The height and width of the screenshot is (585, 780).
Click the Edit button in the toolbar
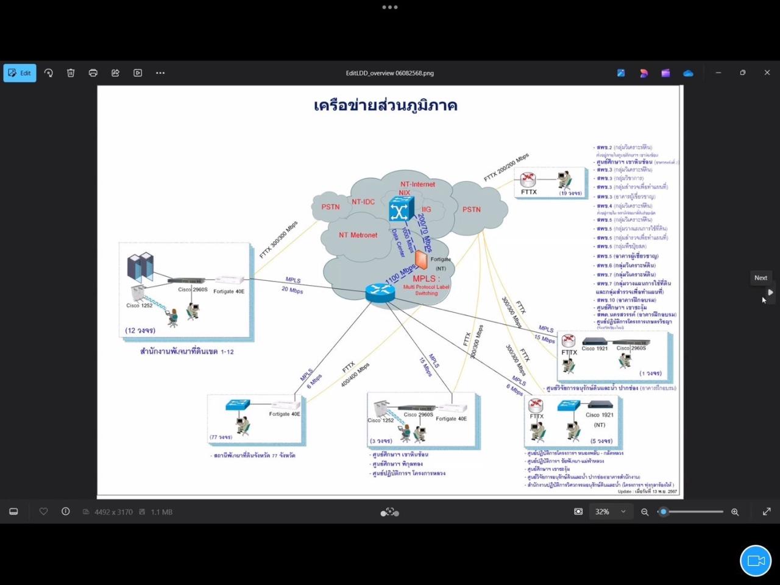point(19,73)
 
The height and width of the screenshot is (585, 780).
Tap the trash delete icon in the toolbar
point(71,73)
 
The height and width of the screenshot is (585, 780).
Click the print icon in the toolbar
point(93,73)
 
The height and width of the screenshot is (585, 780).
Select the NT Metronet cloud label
point(358,235)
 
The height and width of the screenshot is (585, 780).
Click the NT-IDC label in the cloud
point(363,202)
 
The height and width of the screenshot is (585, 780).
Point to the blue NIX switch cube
point(401,210)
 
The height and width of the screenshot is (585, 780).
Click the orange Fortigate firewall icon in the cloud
point(421,260)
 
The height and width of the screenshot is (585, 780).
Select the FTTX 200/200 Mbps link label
point(506,168)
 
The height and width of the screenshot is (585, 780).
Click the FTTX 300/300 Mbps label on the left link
point(278,239)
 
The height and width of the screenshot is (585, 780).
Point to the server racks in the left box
point(140,267)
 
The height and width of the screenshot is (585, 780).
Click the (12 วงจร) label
point(140,330)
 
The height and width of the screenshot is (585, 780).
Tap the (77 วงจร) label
point(221,437)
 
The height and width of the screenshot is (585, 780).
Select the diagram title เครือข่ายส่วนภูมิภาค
point(385,105)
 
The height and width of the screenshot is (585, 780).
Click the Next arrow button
point(770,292)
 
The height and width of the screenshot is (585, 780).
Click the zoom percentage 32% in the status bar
point(602,512)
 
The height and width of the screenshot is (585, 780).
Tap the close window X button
point(767,73)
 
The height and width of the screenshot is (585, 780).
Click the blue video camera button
point(756,561)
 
